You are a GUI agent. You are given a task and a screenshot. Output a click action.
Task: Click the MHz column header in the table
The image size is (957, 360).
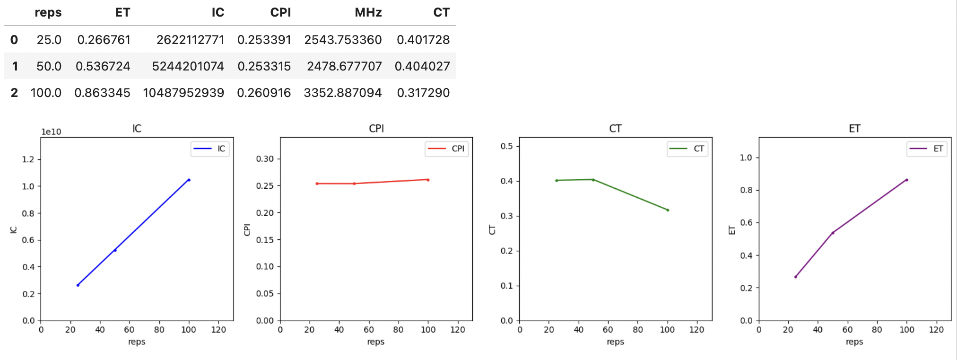click(368, 12)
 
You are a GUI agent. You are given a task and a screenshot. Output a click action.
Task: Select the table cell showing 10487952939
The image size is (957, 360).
click(183, 93)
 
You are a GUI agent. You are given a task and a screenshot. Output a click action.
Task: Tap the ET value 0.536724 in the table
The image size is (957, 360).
click(103, 66)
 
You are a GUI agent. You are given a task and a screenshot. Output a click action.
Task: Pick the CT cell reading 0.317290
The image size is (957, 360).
click(423, 93)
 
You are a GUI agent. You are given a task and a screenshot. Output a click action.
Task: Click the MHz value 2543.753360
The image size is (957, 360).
click(343, 40)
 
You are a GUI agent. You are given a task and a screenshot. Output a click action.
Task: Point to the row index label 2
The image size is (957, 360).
click(14, 93)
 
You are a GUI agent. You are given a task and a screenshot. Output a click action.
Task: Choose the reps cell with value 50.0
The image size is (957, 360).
click(49, 66)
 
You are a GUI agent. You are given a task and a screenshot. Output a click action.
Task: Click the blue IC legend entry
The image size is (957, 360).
click(210, 149)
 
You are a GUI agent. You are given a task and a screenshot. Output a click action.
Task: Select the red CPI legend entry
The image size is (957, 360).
click(446, 149)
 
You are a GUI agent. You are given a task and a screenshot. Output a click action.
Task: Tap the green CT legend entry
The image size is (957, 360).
click(687, 149)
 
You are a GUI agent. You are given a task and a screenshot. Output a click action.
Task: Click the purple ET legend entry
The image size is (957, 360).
click(927, 149)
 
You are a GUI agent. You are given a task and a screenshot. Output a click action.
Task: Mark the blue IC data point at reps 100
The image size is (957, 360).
click(189, 180)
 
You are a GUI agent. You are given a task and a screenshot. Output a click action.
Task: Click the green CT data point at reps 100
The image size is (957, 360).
click(668, 210)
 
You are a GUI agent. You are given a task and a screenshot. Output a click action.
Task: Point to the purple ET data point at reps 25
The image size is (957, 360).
click(796, 277)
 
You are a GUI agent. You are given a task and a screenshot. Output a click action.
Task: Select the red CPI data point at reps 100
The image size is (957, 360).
click(428, 180)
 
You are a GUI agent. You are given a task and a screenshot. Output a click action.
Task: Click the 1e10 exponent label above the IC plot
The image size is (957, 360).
click(51, 132)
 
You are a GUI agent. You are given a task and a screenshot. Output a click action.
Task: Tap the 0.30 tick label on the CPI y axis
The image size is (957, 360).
click(265, 159)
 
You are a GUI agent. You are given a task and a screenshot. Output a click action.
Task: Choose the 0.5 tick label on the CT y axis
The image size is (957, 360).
click(506, 146)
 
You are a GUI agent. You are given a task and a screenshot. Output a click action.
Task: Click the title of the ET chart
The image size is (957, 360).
click(854, 129)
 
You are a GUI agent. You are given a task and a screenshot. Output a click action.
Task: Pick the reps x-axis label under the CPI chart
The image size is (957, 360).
click(376, 342)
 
